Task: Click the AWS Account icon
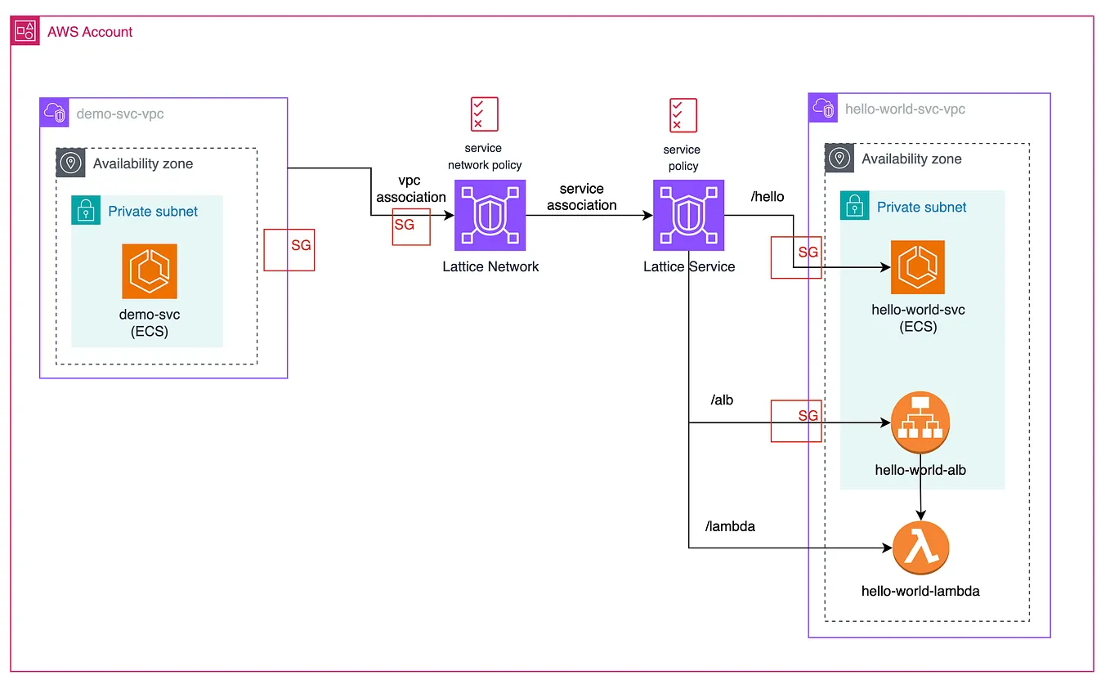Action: pyautogui.click(x=25, y=31)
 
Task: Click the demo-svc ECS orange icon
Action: pyautogui.click(x=150, y=271)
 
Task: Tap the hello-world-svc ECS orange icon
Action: pyautogui.click(x=918, y=267)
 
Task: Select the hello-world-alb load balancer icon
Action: pyautogui.click(x=921, y=423)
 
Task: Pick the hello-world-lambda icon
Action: pyautogui.click(x=921, y=548)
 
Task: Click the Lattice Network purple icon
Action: pyautogui.click(x=490, y=216)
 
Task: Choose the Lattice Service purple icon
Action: pyautogui.click(x=689, y=216)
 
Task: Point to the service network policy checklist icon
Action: pyautogui.click(x=484, y=114)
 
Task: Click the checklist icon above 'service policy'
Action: pyautogui.click(x=683, y=115)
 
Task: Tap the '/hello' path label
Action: pyautogui.click(x=767, y=197)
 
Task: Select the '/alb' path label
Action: pyautogui.click(x=723, y=400)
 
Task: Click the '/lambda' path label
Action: pyautogui.click(x=730, y=526)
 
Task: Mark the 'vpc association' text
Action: pyautogui.click(x=411, y=188)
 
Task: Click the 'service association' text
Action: pyautogui.click(x=582, y=197)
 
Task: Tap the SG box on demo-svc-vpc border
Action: pyautogui.click(x=289, y=249)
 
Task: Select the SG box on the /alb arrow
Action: pyautogui.click(x=796, y=421)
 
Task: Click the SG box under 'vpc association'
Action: pyautogui.click(x=411, y=225)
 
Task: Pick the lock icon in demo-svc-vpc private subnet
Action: pyautogui.click(x=85, y=211)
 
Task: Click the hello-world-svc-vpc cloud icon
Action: pyautogui.click(x=823, y=108)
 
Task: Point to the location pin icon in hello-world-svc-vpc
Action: pyautogui.click(x=839, y=159)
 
